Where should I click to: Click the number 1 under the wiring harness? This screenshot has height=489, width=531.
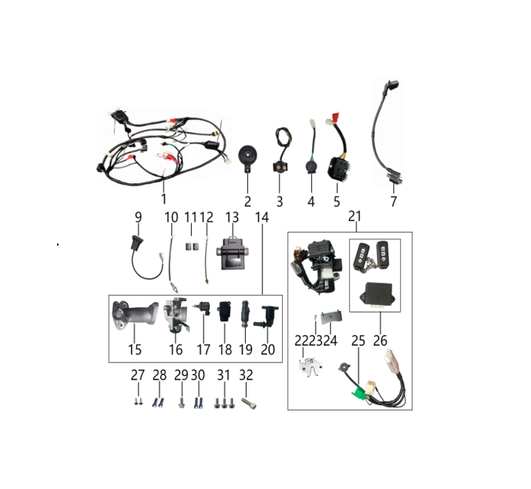(x=164, y=199)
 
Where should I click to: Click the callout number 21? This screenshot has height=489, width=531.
(x=355, y=216)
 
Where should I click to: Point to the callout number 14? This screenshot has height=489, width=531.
(x=262, y=217)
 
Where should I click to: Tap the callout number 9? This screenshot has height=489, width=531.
(x=139, y=217)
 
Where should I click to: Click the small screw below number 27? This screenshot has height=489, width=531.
(x=137, y=400)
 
